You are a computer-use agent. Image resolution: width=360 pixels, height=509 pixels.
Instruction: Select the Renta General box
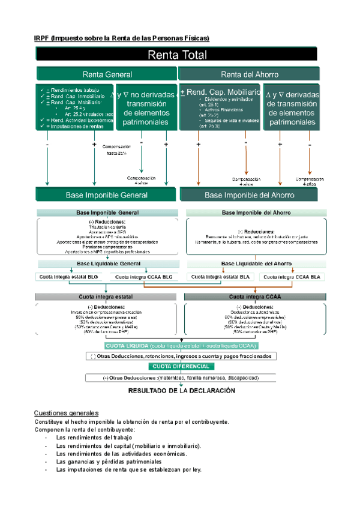pyautogui.click(x=107, y=74)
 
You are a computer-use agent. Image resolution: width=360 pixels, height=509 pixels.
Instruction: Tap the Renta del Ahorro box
pyautogui.click(x=250, y=74)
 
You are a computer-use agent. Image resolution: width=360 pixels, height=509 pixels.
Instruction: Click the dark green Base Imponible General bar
pyautogui.click(x=107, y=195)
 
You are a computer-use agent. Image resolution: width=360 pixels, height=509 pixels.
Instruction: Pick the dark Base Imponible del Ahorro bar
pyautogui.click(x=250, y=195)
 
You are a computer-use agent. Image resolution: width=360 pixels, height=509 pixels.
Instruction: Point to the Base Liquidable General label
pyautogui.click(x=107, y=264)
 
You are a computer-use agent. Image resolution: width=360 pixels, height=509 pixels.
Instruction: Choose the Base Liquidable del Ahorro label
pyautogui.click(x=257, y=264)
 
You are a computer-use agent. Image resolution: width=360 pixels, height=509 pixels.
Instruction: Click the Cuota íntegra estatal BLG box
pyautogui.click(x=71, y=277)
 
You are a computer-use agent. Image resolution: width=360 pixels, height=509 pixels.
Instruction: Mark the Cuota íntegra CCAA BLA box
pyautogui.click(x=293, y=277)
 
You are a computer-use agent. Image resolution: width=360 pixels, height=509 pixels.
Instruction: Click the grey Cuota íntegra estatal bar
pyautogui.click(x=107, y=297)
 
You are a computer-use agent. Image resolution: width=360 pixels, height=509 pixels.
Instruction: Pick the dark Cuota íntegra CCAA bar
pyautogui.click(x=255, y=297)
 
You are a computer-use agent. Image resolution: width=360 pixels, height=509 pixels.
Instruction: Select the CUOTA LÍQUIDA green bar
pyautogui.click(x=181, y=346)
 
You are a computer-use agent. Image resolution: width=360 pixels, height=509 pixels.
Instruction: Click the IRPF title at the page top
pyautogui.click(x=122, y=38)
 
